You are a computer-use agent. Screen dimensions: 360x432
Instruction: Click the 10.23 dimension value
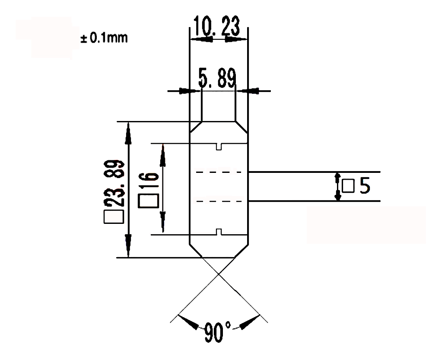[216, 26]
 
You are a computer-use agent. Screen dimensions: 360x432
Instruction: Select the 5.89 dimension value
[217, 79]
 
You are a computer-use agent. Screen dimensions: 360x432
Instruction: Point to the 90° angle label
[218, 332]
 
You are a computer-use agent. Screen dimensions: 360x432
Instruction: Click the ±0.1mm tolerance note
[104, 38]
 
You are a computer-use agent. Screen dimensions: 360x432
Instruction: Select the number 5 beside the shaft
[364, 186]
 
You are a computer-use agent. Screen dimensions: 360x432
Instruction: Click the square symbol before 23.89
[114, 217]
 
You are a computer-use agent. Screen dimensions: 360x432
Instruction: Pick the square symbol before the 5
[348, 187]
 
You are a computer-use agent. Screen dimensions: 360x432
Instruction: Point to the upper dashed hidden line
[219, 172]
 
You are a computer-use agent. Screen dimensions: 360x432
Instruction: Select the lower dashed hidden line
[219, 201]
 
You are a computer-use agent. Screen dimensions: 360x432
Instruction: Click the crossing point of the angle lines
[219, 274]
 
